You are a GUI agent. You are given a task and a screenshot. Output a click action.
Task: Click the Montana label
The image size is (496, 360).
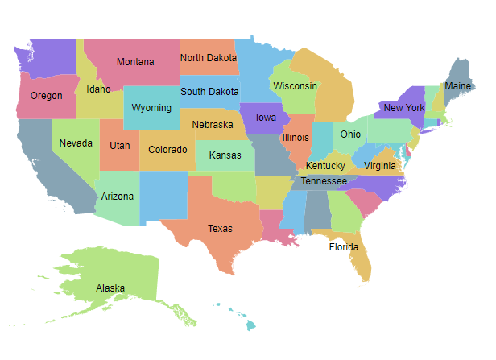point(135,62)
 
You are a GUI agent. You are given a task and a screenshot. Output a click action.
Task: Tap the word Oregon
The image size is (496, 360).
point(46,96)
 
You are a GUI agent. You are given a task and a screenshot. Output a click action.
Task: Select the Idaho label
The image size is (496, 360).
point(98,89)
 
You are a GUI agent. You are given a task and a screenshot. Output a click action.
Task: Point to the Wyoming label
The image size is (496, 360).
point(151,108)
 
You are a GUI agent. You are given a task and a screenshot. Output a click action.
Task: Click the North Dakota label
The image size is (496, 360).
point(209,58)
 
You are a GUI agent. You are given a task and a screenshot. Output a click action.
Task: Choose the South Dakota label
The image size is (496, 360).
point(209,92)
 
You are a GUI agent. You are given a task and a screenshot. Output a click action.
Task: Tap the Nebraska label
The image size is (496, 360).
point(213,125)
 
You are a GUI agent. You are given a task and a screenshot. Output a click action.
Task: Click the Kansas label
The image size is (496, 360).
point(225,155)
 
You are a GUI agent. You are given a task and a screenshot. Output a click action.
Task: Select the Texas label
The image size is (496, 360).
point(220,229)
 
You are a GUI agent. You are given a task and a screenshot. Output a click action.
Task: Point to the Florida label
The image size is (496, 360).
point(344,247)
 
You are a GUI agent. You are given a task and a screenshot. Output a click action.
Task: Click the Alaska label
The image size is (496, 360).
point(110,288)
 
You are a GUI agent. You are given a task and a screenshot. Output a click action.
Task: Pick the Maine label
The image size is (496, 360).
point(458,86)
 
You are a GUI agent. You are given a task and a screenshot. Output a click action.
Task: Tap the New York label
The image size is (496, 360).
point(404,108)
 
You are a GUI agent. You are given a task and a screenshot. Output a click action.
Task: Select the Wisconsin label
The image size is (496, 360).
point(295,86)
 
